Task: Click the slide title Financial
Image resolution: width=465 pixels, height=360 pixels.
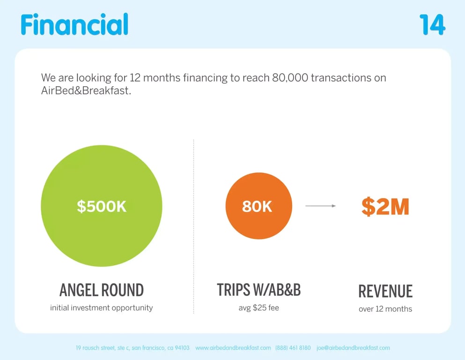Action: [74, 24]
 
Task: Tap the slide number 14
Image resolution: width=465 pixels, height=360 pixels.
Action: [432, 25]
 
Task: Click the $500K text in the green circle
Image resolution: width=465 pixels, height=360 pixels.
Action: [102, 206]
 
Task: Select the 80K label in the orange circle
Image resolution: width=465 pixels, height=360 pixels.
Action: [257, 206]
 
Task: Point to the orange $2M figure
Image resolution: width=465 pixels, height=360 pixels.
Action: [385, 207]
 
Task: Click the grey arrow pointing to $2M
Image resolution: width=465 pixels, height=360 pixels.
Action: [321, 206]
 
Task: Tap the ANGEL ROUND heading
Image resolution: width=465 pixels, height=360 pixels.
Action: [102, 290]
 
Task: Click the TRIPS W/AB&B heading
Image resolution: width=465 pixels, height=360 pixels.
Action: [258, 290]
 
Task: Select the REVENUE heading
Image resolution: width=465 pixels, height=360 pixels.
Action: [385, 291]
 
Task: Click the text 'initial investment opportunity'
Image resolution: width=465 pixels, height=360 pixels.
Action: [102, 308]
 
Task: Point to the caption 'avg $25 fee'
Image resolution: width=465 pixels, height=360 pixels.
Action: [258, 308]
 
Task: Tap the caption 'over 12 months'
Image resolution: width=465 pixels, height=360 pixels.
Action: [385, 309]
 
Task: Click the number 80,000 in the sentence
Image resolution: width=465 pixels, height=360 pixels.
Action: [289, 78]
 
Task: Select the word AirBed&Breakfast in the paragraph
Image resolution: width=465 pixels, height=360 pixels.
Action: [86, 91]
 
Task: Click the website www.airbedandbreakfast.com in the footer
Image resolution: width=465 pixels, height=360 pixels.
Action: [233, 348]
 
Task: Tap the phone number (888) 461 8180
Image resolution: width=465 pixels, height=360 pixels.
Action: [293, 348]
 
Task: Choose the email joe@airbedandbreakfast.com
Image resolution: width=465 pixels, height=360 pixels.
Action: [353, 348]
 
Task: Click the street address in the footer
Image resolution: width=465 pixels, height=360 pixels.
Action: [133, 348]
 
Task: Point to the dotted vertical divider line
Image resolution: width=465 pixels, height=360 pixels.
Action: [194, 225]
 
